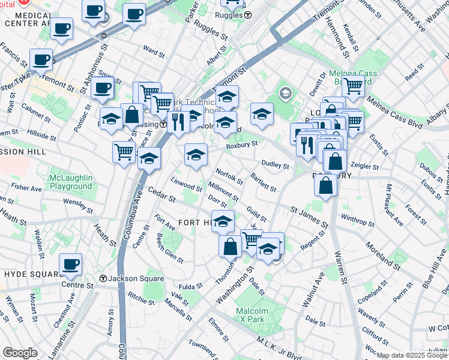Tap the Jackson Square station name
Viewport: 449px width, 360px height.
click(x=136, y=278)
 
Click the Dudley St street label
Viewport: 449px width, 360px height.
click(x=276, y=165)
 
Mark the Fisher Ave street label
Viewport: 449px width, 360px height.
click(x=26, y=188)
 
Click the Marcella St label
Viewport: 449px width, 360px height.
click(x=178, y=309)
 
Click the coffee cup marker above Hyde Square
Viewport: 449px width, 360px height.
click(x=71, y=264)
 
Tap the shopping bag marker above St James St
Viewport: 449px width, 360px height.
click(x=325, y=185)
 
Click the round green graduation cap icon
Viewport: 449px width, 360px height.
click(x=285, y=93)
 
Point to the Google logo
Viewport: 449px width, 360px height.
click(x=20, y=353)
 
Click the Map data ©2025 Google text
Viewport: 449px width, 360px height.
click(x=412, y=355)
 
